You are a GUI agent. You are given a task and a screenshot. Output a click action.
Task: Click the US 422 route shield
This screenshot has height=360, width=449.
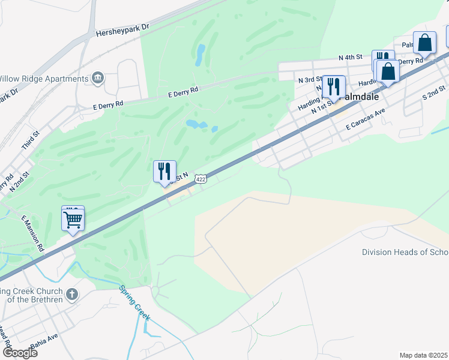click(x=201, y=179)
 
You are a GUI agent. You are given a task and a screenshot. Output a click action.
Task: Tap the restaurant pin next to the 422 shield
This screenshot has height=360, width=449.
click(x=164, y=172)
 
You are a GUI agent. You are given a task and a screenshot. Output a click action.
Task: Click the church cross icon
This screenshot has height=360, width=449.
click(x=71, y=294)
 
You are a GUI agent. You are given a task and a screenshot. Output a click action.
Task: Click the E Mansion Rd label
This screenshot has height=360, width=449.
click(x=33, y=233)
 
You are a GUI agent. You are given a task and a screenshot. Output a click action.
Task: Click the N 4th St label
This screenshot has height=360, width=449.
click(x=351, y=58)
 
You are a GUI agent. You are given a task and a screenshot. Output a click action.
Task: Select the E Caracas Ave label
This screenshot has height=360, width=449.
click(x=365, y=121)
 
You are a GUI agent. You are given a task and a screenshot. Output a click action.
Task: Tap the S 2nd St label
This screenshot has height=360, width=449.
click(x=434, y=92)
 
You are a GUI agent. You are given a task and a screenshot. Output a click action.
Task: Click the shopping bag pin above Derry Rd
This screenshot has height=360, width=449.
click(x=424, y=43)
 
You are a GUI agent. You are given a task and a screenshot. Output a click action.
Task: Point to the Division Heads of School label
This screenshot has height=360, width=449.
click(x=405, y=252)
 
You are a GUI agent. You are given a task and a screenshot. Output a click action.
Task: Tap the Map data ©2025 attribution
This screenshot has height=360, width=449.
click(x=424, y=355)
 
